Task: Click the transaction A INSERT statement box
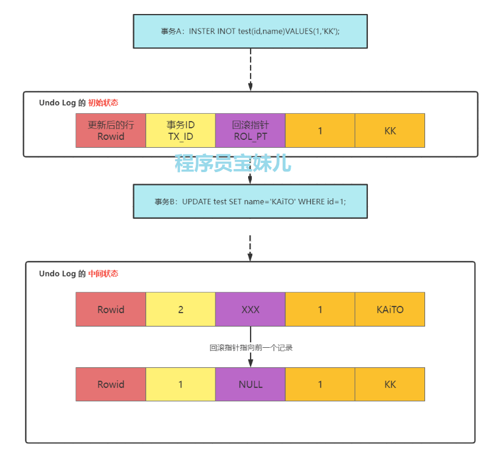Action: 250,31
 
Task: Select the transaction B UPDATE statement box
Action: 250,201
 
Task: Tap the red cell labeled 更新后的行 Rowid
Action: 111,130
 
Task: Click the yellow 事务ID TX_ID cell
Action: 181,130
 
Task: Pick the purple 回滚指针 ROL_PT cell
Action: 250,130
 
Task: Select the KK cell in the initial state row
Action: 390,130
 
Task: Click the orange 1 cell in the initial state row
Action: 320,130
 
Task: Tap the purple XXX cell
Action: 250,309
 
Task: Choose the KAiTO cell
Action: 390,309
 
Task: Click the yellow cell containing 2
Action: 181,309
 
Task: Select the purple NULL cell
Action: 250,384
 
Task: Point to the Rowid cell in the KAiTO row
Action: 111,309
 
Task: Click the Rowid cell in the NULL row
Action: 111,384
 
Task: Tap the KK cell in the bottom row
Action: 390,384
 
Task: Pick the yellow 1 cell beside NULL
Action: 181,384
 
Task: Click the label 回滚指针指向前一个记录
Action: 251,348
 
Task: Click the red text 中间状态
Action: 103,274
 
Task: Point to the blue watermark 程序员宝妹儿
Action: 233,163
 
